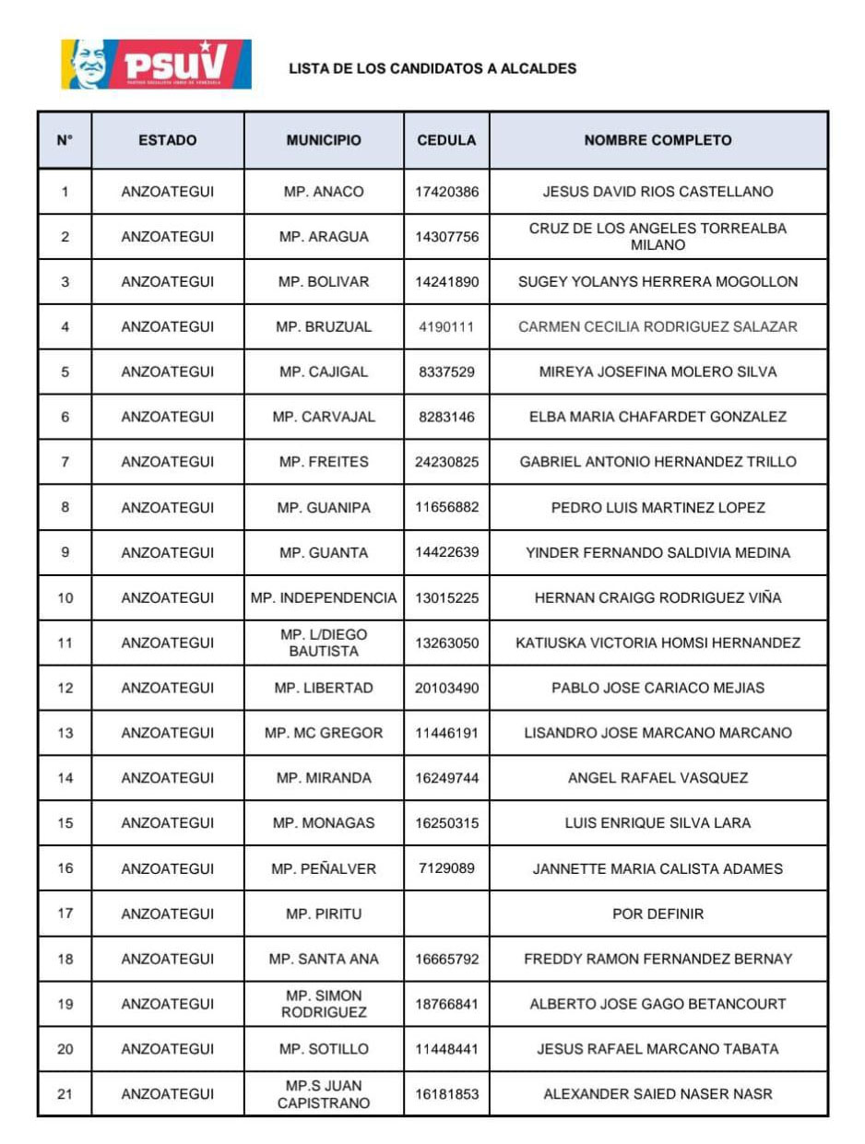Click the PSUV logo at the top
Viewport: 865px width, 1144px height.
click(x=156, y=64)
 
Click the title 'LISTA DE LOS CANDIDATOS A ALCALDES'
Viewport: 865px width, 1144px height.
click(x=432, y=68)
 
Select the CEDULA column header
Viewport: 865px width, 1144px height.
click(x=446, y=141)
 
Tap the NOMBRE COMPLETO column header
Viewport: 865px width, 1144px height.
click(x=658, y=141)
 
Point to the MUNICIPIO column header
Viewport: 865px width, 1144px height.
click(x=324, y=141)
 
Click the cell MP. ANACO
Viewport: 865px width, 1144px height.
click(x=324, y=192)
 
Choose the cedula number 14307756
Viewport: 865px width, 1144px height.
click(x=446, y=237)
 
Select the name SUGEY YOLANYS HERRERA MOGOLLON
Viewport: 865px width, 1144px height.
click(x=658, y=282)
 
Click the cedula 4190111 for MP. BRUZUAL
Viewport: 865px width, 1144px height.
click(x=446, y=326)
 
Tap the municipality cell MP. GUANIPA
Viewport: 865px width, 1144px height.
click(x=324, y=507)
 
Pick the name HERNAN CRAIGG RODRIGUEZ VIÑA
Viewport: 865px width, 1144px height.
click(x=658, y=597)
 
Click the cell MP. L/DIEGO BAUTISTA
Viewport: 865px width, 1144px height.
click(x=324, y=643)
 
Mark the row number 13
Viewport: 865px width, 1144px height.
click(x=65, y=733)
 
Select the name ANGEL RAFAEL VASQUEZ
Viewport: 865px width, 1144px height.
click(x=658, y=778)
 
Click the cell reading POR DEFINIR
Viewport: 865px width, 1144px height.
click(x=658, y=914)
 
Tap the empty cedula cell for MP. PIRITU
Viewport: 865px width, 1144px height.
click(x=446, y=914)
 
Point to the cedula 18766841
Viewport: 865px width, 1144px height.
click(x=446, y=1004)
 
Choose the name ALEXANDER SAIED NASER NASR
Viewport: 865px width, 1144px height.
click(x=658, y=1094)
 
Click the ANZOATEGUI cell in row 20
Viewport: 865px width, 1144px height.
click(x=167, y=1049)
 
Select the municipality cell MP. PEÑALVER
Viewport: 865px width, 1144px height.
click(x=324, y=868)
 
